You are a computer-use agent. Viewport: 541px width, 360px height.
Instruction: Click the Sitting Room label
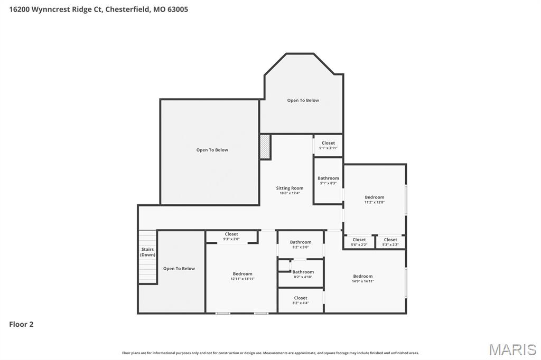tap(290, 188)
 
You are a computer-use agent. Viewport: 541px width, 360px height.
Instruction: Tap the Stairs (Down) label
tap(148, 252)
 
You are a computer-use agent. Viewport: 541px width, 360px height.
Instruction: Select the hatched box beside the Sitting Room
tap(265, 147)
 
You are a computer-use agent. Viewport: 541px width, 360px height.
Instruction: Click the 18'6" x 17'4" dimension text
tap(290, 193)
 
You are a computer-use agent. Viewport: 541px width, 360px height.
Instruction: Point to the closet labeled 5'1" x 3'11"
tap(328, 145)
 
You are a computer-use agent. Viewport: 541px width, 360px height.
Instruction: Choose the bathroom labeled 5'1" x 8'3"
tap(328, 181)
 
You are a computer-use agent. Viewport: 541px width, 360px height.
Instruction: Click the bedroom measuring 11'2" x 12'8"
tap(375, 200)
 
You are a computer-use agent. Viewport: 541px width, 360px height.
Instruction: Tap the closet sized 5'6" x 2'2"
tap(359, 242)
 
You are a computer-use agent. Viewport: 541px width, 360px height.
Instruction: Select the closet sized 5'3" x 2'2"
tap(390, 242)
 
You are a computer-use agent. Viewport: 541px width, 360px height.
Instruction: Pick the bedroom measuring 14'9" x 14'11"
tap(363, 278)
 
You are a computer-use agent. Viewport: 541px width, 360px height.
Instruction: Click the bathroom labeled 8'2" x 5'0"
tap(301, 244)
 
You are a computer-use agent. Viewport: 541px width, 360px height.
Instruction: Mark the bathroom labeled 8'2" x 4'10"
tap(303, 274)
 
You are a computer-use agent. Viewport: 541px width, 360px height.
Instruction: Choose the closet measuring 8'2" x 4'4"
tap(301, 300)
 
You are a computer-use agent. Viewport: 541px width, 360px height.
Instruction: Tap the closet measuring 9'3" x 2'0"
tap(231, 236)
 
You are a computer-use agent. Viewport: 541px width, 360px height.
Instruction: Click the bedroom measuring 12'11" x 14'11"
tap(242, 276)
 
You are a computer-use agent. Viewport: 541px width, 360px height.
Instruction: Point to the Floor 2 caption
tap(21, 324)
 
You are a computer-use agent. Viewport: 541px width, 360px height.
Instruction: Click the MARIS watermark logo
tap(512, 349)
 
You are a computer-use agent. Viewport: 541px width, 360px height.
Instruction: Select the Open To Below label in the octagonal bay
tap(303, 100)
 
